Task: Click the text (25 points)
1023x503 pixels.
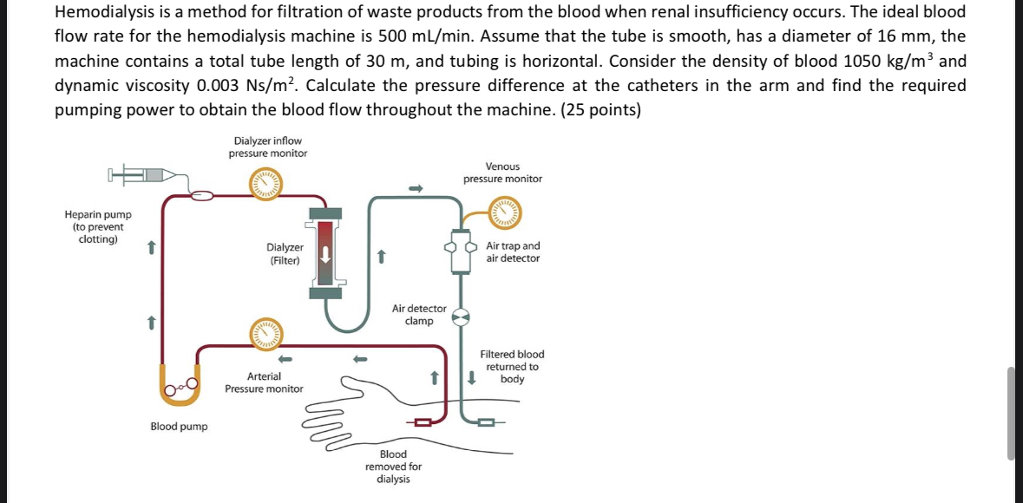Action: (602, 110)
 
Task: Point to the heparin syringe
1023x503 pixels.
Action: (143, 175)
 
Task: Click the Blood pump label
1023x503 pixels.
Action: (179, 427)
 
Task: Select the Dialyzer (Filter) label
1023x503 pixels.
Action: (285, 253)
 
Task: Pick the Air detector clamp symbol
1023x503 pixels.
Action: (462, 317)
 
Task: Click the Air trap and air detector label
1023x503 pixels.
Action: (513, 252)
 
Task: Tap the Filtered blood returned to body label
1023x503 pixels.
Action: (512, 367)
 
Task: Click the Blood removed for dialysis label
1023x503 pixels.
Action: (393, 467)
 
